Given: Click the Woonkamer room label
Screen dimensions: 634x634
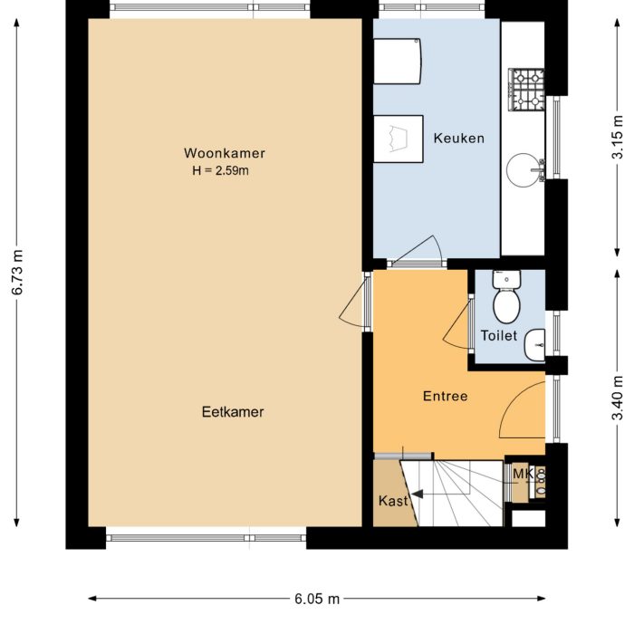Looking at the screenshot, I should (224, 153).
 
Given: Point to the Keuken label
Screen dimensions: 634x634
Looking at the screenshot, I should (458, 139).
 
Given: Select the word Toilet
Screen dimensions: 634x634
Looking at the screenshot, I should (498, 335).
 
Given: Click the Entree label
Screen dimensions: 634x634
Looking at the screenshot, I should (445, 397).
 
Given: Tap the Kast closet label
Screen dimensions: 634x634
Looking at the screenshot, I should (391, 501).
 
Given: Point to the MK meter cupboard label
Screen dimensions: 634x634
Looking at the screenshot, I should (522, 474).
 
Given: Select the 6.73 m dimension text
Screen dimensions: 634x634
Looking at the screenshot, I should (17, 272).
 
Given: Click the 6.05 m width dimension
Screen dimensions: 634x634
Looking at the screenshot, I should (317, 599).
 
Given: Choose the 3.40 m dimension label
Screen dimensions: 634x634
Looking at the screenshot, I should (618, 399).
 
